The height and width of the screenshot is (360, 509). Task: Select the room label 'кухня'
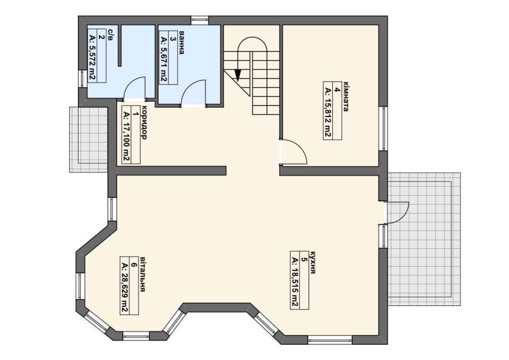click(313, 262)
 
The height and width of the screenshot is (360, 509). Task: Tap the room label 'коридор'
click(144, 123)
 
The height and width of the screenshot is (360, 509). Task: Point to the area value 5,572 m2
click(92, 57)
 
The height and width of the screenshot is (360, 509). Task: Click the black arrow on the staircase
click(238, 75)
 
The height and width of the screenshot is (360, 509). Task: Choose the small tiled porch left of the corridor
click(88, 140)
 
